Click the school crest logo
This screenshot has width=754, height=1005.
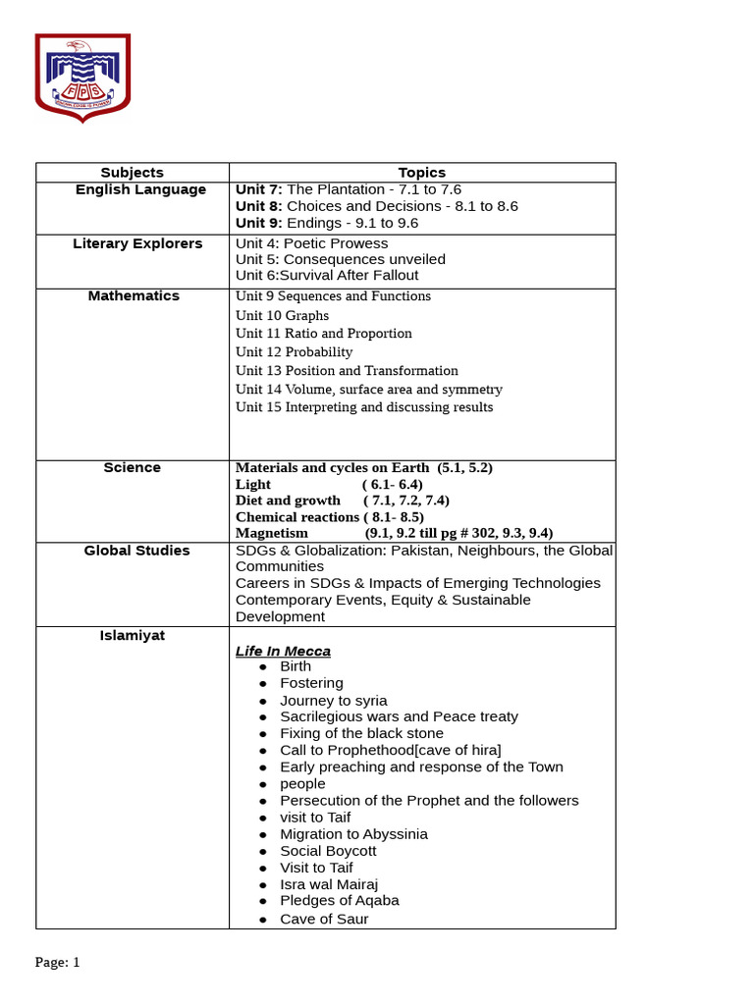(82, 78)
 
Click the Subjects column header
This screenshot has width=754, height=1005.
(133, 173)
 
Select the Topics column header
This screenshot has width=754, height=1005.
(421, 173)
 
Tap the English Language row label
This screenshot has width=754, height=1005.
(140, 189)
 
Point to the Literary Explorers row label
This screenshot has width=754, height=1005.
(137, 243)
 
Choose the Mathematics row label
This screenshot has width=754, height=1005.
(134, 295)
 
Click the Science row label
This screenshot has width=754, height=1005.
(132, 468)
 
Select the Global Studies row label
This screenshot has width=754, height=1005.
(136, 551)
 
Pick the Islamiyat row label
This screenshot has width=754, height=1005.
(132, 636)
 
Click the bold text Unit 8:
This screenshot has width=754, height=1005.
(258, 206)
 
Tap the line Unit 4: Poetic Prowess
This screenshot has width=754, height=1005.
(311, 243)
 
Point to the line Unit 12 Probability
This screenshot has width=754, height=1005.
(294, 352)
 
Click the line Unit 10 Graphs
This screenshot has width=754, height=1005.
(282, 316)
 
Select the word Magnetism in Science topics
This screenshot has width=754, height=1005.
(272, 533)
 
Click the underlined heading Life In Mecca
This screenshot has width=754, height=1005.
(283, 652)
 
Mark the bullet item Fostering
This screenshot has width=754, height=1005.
(311, 683)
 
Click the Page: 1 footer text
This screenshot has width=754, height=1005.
(57, 963)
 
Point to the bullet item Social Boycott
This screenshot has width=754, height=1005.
(328, 851)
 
